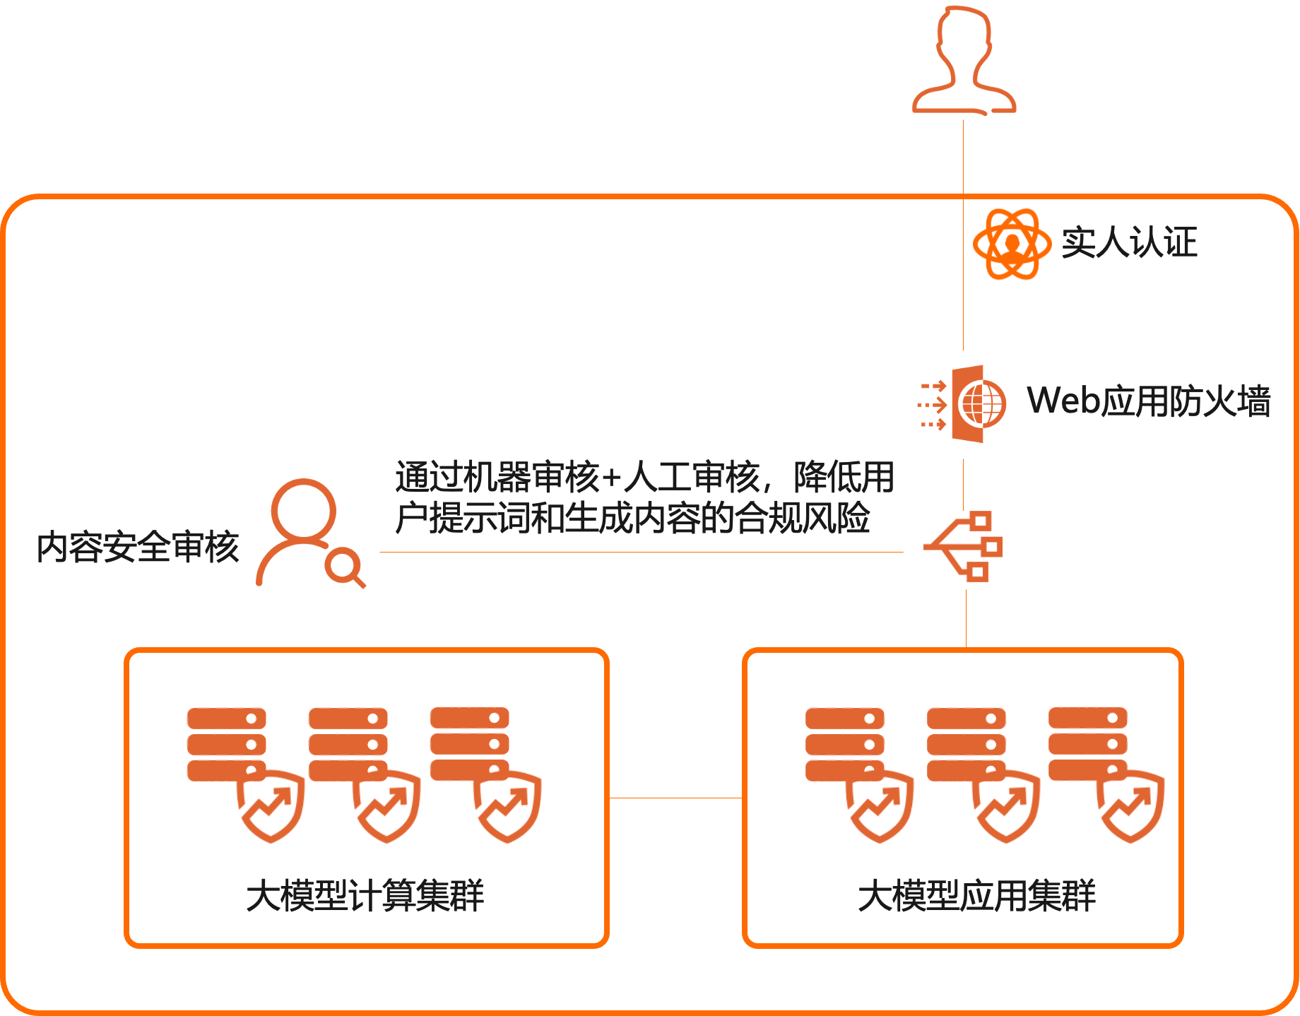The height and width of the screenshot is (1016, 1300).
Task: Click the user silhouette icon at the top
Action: [x=964, y=61]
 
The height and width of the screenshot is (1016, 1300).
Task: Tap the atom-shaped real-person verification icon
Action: [x=1012, y=244]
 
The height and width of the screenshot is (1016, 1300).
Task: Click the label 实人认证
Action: [x=1129, y=243]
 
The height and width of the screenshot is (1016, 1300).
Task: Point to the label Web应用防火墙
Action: [x=1149, y=401]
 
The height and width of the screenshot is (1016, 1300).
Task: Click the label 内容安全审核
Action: [x=138, y=548]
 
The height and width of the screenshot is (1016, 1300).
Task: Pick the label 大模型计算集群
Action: [x=365, y=896]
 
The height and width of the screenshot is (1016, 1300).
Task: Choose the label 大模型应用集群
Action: [x=976, y=896]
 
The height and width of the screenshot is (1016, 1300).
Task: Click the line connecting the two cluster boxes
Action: [x=675, y=798]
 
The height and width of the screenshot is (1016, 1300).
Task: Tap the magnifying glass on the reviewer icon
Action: [x=345, y=567]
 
